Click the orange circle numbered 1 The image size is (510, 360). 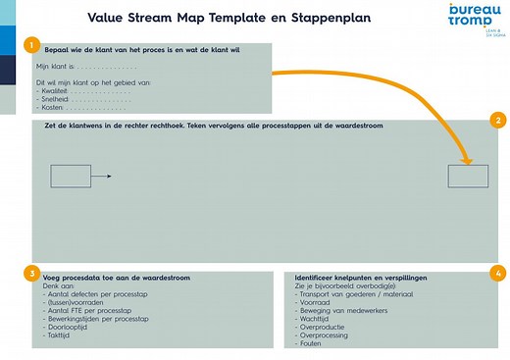[x=32, y=46]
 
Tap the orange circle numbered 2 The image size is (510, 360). [x=499, y=122]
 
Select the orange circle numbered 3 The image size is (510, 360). [x=32, y=273]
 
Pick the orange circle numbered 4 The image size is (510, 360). [x=499, y=273]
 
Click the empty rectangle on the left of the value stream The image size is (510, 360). [x=70, y=177]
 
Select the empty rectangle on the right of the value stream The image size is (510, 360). [x=468, y=177]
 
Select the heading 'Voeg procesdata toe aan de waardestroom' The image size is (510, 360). [x=117, y=279]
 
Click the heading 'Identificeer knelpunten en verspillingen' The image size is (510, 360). [x=368, y=279]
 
